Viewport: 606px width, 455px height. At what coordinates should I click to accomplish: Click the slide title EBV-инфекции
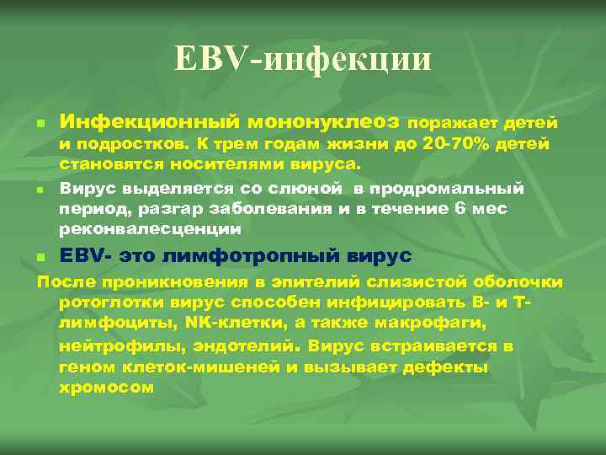[x=303, y=60]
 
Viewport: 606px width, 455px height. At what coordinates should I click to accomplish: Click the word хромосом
[x=107, y=388]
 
